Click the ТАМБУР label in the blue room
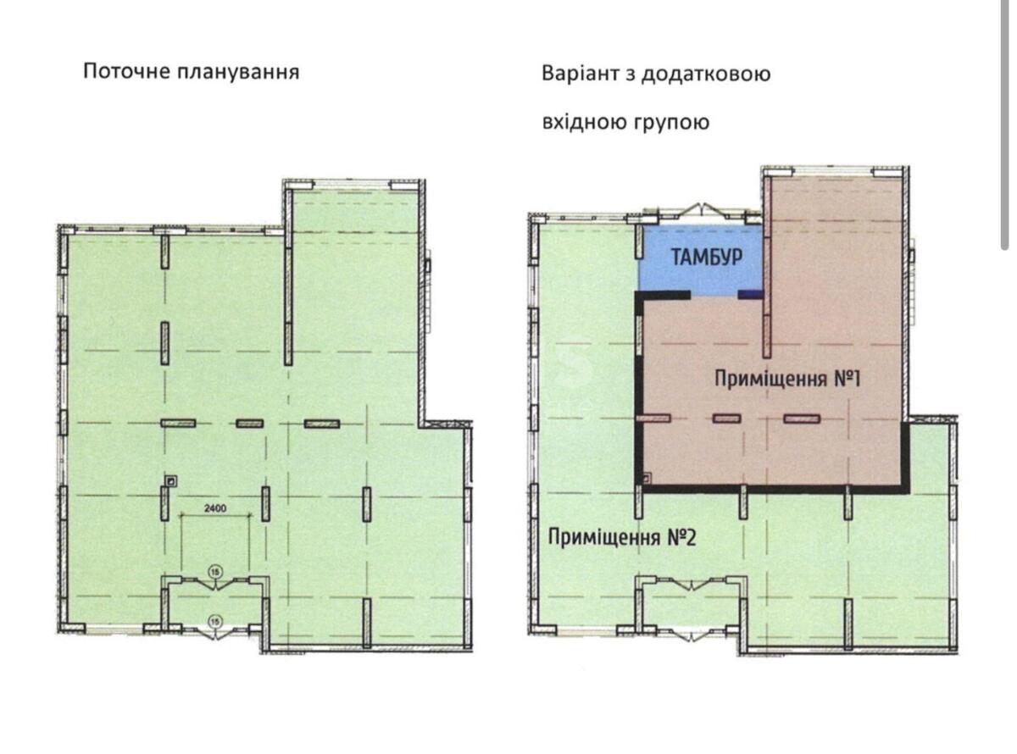707,258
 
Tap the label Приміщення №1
786,379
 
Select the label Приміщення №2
622,537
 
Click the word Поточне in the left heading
128,72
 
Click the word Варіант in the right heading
581,74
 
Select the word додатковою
706,75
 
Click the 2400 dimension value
215,507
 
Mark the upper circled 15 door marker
214,572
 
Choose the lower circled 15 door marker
214,622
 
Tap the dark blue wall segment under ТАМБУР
750,294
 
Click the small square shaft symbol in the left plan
171,481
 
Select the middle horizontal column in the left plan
249,423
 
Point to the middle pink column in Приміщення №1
727,418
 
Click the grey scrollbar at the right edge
1004,124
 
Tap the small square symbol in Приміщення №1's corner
646,479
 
